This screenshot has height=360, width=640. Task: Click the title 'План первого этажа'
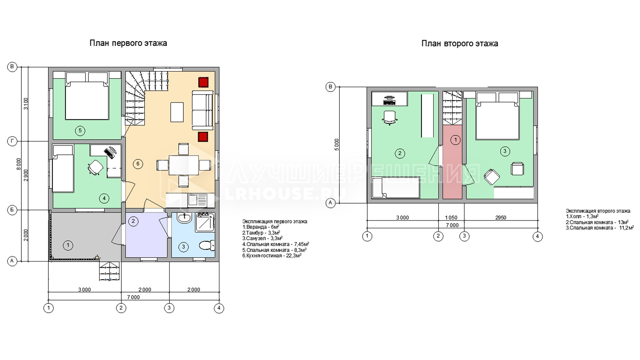128,43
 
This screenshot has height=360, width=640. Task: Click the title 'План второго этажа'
460,44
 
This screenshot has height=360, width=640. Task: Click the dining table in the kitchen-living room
183,165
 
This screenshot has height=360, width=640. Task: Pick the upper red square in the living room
203,82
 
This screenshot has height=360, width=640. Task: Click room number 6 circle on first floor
138,164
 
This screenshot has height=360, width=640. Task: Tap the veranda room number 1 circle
68,246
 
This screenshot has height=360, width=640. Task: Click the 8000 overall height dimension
19,164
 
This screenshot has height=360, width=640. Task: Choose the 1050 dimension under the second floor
451,218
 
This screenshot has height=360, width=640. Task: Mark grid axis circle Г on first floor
12,141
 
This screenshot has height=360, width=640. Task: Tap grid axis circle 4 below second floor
537,236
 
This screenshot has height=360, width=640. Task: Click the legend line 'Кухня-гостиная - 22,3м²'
272,256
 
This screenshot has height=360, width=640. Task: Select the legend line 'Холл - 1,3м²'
582,216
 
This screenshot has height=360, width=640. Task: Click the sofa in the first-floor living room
202,110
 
